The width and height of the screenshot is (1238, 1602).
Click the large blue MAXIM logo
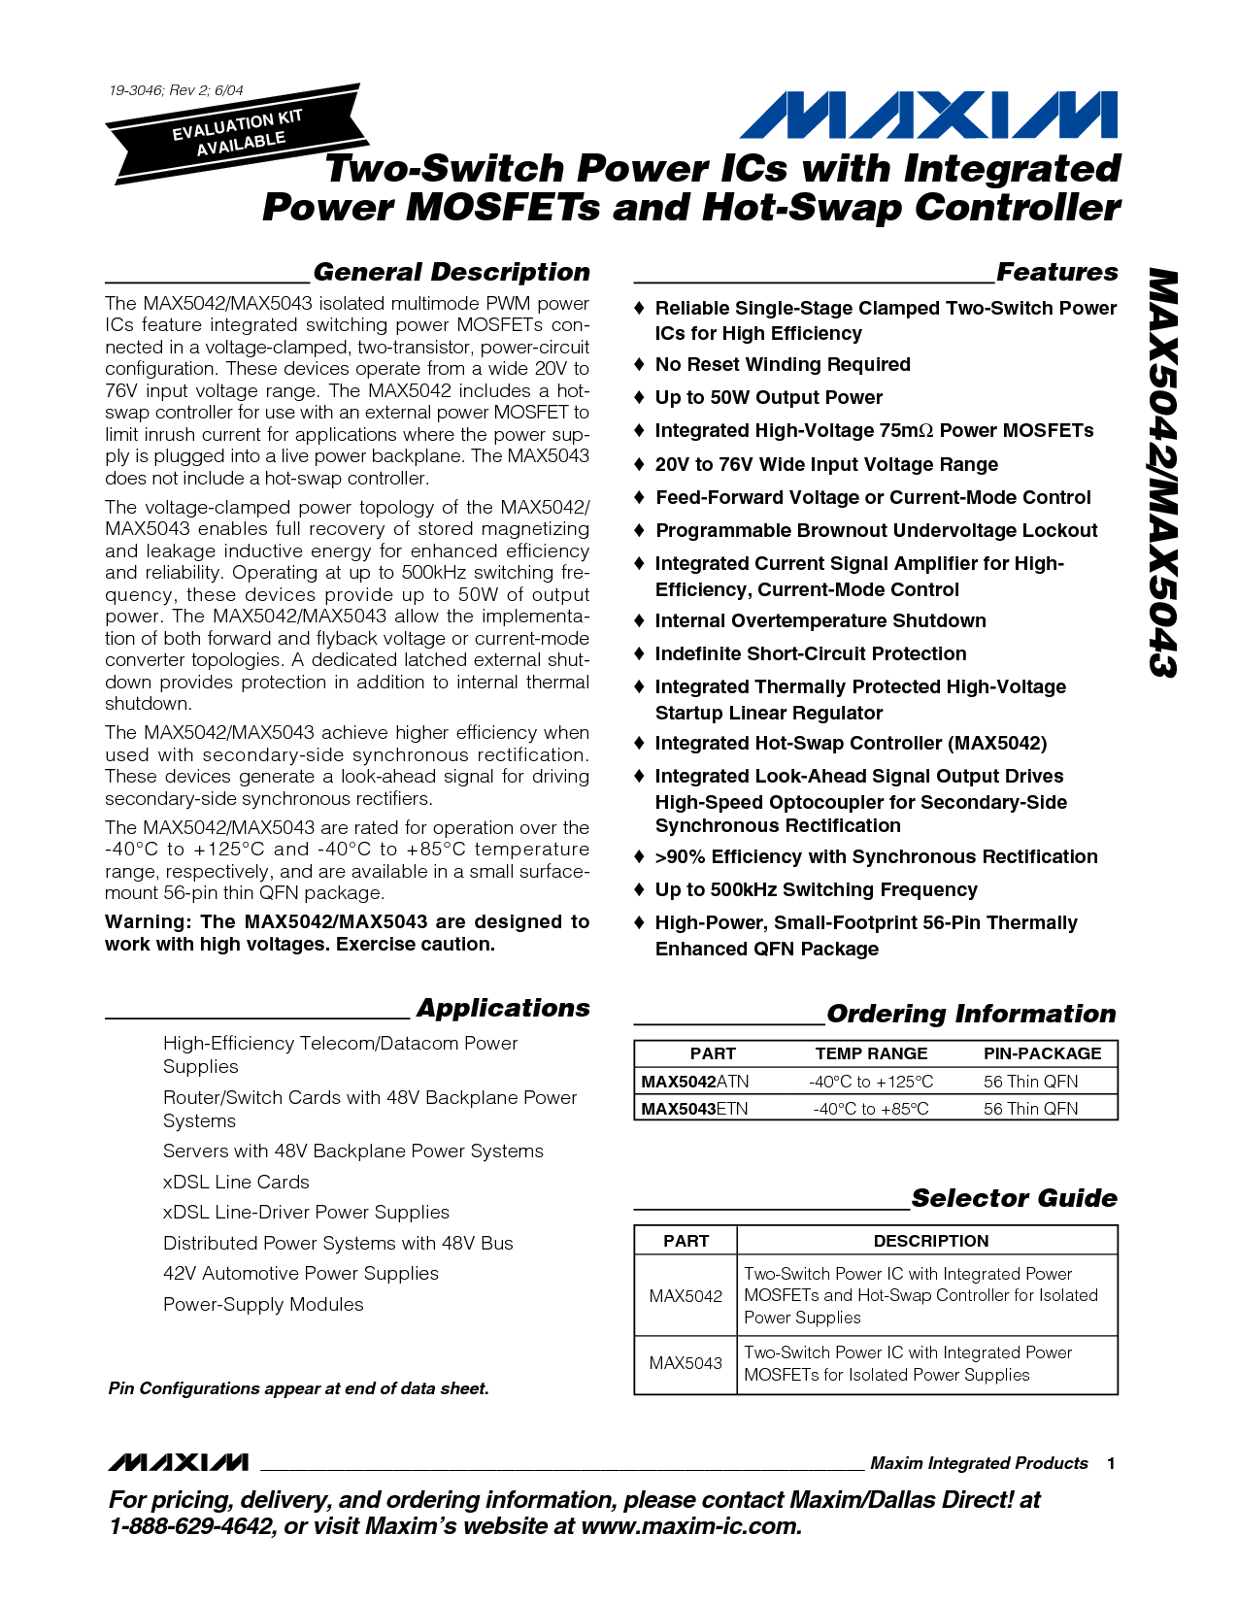[x=928, y=116]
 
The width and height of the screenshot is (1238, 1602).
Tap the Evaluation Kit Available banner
[x=238, y=133]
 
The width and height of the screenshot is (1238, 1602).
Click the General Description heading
[x=452, y=272]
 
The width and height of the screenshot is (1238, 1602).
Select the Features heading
[x=1057, y=272]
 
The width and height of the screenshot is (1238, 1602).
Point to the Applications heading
[x=503, y=1008]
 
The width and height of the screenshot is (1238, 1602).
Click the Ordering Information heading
[x=971, y=1014]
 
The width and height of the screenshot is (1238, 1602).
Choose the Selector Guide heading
[x=1014, y=1198]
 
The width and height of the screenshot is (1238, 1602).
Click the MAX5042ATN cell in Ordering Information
[x=695, y=1082]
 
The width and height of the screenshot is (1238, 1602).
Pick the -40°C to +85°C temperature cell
[x=871, y=1109]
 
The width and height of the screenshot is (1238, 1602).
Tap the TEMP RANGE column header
[x=871, y=1053]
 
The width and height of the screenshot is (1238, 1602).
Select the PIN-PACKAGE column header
[x=1042, y=1053]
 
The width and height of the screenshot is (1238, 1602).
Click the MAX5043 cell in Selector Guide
[x=686, y=1363]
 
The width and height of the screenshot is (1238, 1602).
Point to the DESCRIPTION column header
[x=930, y=1241]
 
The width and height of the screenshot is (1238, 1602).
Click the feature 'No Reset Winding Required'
[x=783, y=365]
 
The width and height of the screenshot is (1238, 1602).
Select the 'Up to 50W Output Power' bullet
[x=768, y=398]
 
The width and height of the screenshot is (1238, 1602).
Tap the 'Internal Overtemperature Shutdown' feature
[x=820, y=621]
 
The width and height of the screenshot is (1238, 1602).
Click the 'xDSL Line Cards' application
[x=236, y=1182]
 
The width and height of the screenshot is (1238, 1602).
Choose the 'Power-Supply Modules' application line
[x=263, y=1305]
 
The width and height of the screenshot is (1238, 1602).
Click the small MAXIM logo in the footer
[x=178, y=1462]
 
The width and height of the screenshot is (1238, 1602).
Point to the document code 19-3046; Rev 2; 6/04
[x=176, y=90]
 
